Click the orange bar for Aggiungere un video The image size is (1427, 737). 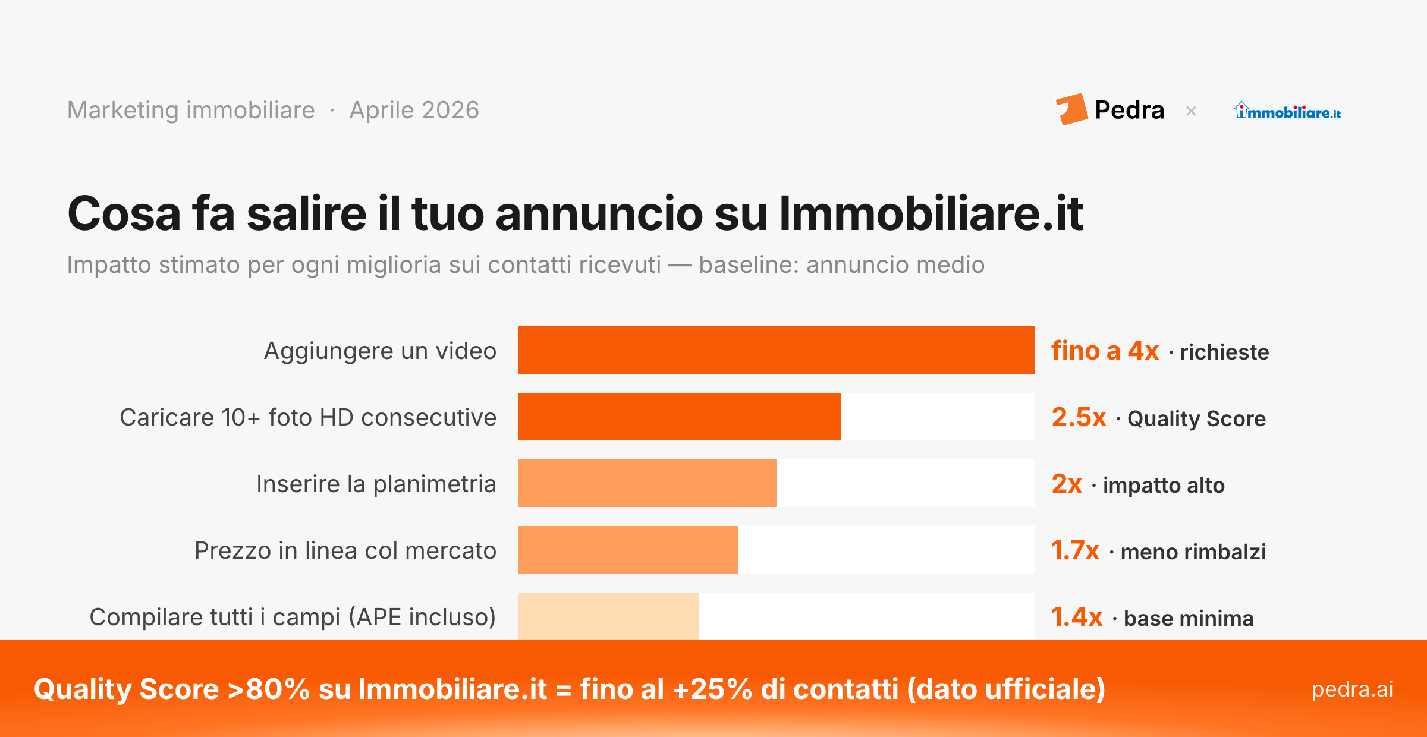click(x=776, y=350)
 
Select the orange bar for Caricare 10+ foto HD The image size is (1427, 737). click(x=680, y=417)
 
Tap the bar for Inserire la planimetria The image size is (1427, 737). click(x=647, y=483)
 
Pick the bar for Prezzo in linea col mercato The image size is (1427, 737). click(x=628, y=550)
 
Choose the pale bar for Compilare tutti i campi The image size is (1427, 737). click(x=608, y=616)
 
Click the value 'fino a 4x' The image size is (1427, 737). click(x=1105, y=351)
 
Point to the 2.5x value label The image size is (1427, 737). click(x=1079, y=417)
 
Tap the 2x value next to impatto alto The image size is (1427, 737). click(x=1067, y=484)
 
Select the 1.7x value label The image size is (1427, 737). click(x=1075, y=550)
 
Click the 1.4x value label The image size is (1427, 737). click(x=1077, y=617)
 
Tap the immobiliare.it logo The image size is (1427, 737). click(x=1287, y=111)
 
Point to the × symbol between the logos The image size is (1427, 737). click(x=1191, y=111)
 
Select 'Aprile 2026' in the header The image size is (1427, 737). click(x=414, y=111)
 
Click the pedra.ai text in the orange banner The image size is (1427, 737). click(x=1352, y=689)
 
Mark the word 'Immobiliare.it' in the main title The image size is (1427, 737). click(x=931, y=213)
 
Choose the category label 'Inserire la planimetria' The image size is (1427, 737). click(x=376, y=484)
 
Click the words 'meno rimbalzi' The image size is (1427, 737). click(x=1193, y=552)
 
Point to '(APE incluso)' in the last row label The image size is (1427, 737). click(x=422, y=617)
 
